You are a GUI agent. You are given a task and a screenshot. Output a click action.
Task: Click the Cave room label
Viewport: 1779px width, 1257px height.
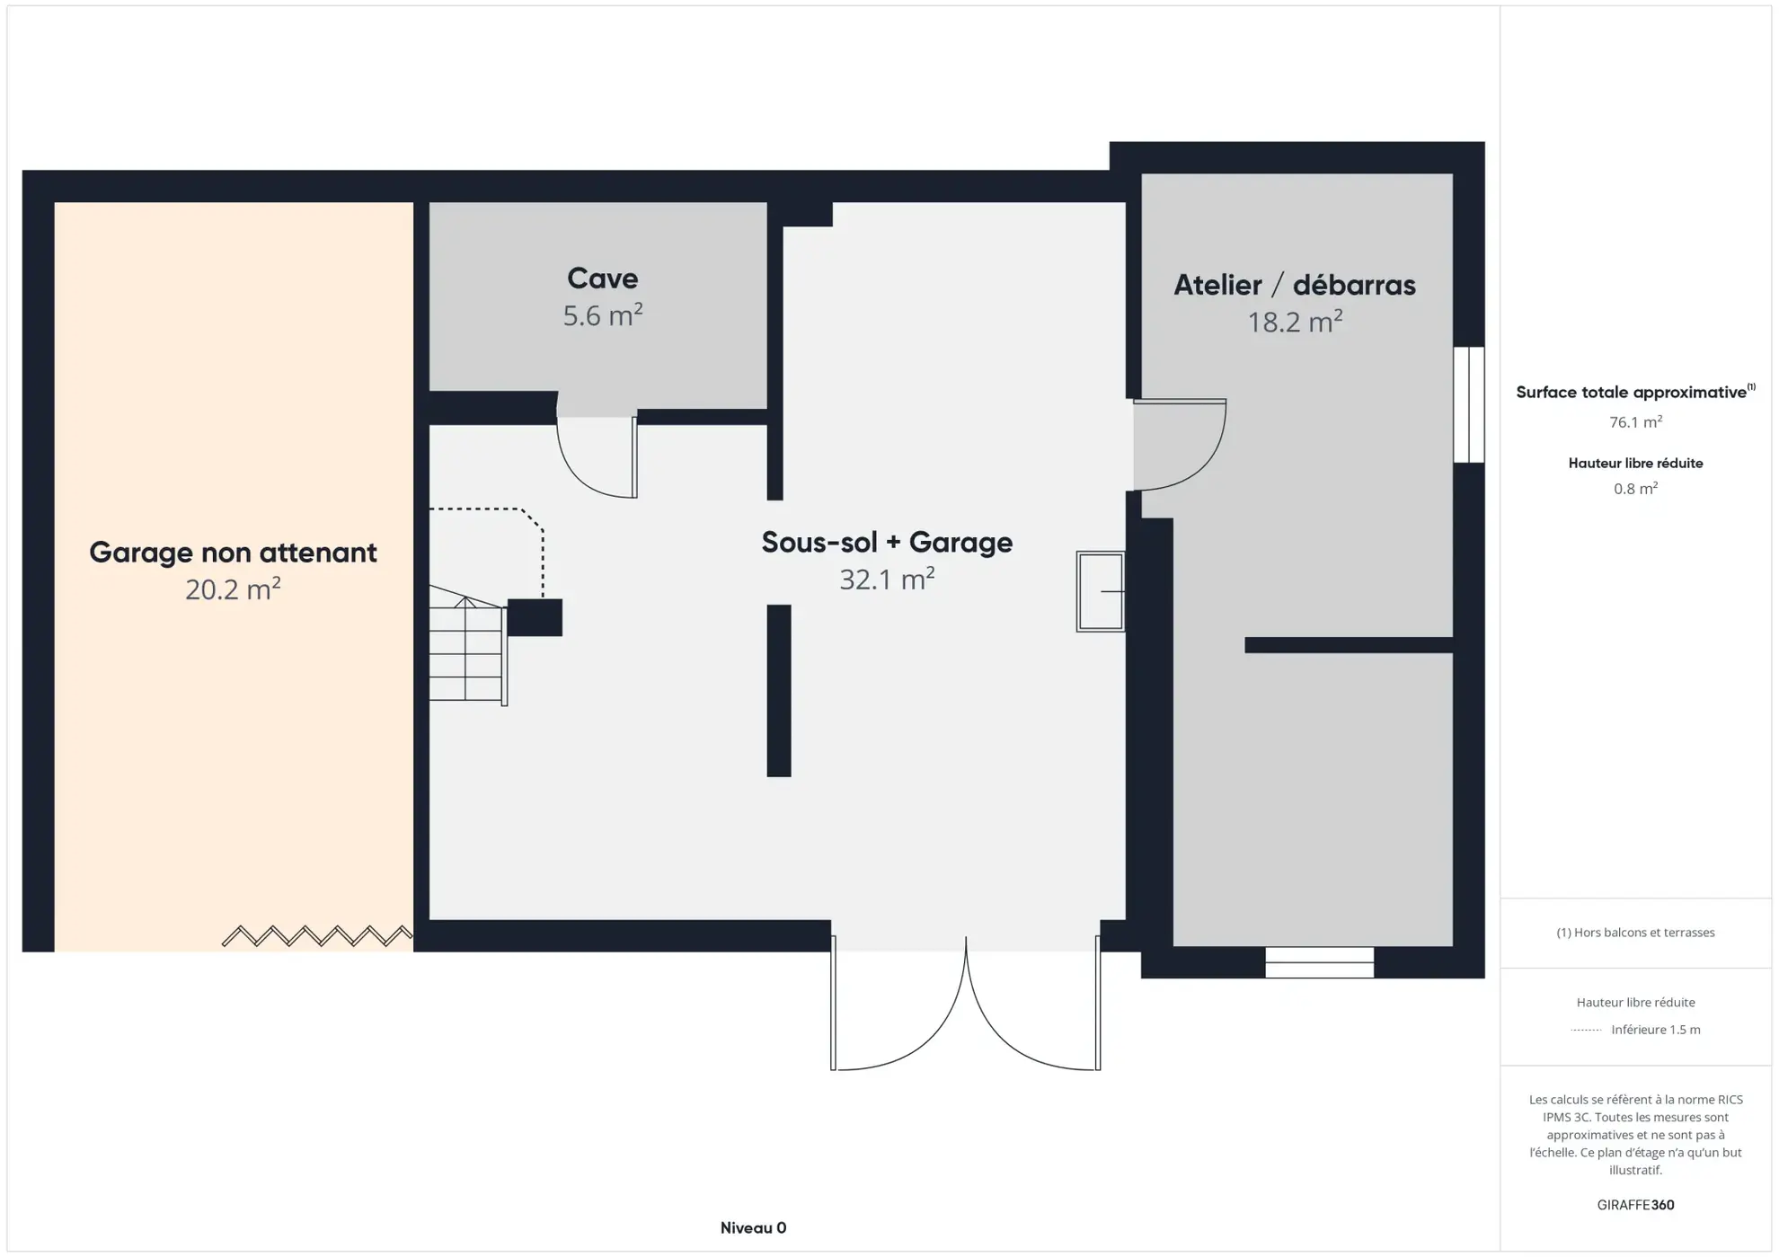(x=602, y=279)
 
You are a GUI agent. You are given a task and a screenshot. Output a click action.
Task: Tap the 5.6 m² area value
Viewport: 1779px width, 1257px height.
(x=602, y=315)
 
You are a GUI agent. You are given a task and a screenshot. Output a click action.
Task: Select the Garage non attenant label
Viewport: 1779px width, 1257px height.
(x=233, y=552)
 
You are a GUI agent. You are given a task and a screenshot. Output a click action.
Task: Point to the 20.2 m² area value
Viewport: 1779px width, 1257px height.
(x=233, y=589)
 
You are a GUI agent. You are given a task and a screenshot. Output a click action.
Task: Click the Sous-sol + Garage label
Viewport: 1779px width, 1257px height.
(x=887, y=542)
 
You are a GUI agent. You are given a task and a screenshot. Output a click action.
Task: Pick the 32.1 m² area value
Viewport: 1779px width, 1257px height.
(x=887, y=580)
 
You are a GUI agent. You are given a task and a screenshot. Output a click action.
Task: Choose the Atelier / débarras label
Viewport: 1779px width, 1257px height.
(x=1294, y=285)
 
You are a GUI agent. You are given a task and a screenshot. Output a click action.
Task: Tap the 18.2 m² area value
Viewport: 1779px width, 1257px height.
(x=1294, y=322)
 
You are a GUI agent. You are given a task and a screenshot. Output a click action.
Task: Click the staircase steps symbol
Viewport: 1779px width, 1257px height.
(x=465, y=651)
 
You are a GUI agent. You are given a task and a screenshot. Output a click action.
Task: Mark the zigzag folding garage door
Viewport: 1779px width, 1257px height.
(x=317, y=935)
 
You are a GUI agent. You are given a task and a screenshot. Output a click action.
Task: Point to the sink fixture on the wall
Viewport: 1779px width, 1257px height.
(x=1101, y=591)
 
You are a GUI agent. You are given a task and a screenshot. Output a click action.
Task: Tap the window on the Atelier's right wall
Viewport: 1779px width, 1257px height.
(x=1468, y=404)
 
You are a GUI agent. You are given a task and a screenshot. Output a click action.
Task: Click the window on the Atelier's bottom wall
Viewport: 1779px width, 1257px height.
(x=1319, y=962)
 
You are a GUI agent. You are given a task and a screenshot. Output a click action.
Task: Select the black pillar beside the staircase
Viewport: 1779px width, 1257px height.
(x=535, y=617)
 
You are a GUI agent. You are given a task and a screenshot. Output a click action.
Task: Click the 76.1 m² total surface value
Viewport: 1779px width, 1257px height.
(x=1634, y=422)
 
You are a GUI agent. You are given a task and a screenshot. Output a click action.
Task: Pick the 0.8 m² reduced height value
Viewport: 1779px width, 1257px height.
(x=1634, y=489)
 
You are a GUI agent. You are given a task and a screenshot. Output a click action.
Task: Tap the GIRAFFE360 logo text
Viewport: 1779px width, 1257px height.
(x=1634, y=1205)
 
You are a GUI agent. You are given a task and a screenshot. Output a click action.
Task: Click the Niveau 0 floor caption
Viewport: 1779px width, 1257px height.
(x=753, y=1227)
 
